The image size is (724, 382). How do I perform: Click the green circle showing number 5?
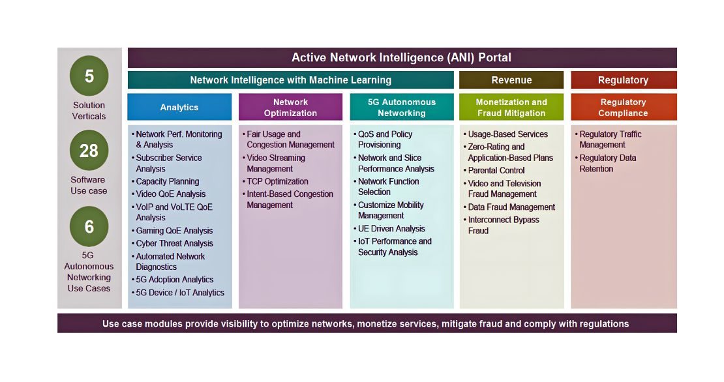coord(89,76)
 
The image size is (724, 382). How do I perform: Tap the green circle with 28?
coord(89,151)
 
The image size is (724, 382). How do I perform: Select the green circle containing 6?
coord(89,226)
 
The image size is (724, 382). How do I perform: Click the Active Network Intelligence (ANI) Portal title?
coord(402,57)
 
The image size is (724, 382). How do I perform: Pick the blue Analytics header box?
coord(179,107)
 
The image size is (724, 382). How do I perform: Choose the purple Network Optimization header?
coord(290,107)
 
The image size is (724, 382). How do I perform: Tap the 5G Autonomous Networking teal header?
coord(402,107)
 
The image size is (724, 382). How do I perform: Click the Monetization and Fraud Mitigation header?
coord(511,107)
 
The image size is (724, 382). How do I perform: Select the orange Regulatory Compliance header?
coord(624,107)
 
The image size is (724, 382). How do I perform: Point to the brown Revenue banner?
coord(511,80)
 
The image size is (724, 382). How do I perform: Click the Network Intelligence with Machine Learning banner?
coord(291,80)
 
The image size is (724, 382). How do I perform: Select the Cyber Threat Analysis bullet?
coord(172,243)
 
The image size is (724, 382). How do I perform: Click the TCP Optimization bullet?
coord(275,181)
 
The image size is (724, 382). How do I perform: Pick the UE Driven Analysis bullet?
coord(389,228)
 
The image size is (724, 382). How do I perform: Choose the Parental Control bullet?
coord(494,170)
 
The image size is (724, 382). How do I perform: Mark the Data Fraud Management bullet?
coord(509,207)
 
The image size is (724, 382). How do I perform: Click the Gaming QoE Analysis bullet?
coord(172,231)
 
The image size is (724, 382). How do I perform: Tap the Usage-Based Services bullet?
coord(505,134)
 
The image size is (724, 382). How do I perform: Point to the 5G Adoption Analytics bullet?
coord(172,280)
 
